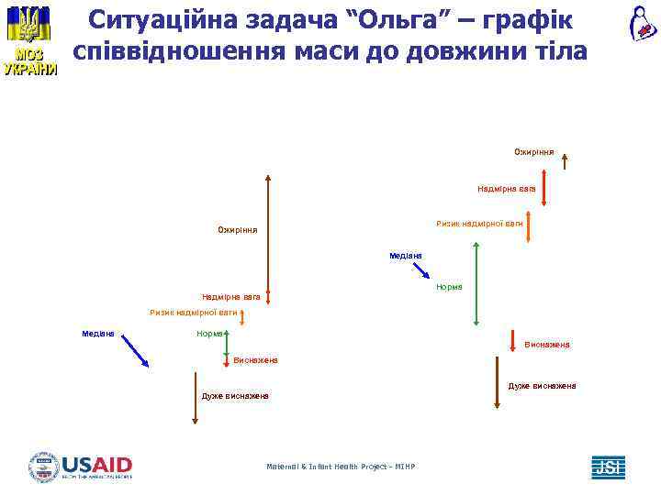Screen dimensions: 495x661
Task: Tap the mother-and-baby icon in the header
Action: click(642, 23)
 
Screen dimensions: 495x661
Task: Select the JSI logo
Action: click(607, 467)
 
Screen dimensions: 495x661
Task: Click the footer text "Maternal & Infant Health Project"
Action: click(340, 467)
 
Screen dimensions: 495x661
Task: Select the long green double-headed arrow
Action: click(476, 283)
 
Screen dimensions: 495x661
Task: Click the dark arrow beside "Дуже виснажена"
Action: click(196, 397)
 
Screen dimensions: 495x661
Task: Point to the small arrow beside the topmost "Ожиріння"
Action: click(565, 161)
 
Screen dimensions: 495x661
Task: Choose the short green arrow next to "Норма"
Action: click(226, 340)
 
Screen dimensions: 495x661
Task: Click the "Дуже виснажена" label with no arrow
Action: click(542, 386)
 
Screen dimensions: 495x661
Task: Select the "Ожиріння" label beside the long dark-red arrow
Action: click(237, 229)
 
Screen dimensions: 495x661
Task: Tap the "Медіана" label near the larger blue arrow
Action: click(98, 334)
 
